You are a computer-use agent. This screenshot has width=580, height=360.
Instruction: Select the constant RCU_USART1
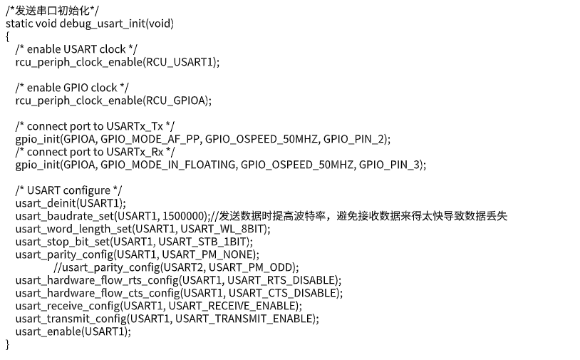pyautogui.click(x=180, y=62)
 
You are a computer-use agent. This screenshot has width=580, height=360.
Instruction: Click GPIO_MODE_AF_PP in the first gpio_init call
pyautogui.click(x=150, y=140)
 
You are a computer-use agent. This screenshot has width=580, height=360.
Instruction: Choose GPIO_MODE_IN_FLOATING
pyautogui.click(x=168, y=165)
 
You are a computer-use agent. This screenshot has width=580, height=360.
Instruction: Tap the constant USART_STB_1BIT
pyautogui.click(x=202, y=242)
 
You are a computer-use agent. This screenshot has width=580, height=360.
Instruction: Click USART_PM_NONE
pyautogui.click(x=207, y=255)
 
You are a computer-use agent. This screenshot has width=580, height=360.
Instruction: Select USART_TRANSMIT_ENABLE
pyautogui.click(x=244, y=319)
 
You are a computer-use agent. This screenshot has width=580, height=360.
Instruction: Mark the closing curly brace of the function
pyautogui.click(x=7, y=344)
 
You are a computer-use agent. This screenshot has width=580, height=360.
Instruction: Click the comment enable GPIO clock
pyautogui.click(x=72, y=88)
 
